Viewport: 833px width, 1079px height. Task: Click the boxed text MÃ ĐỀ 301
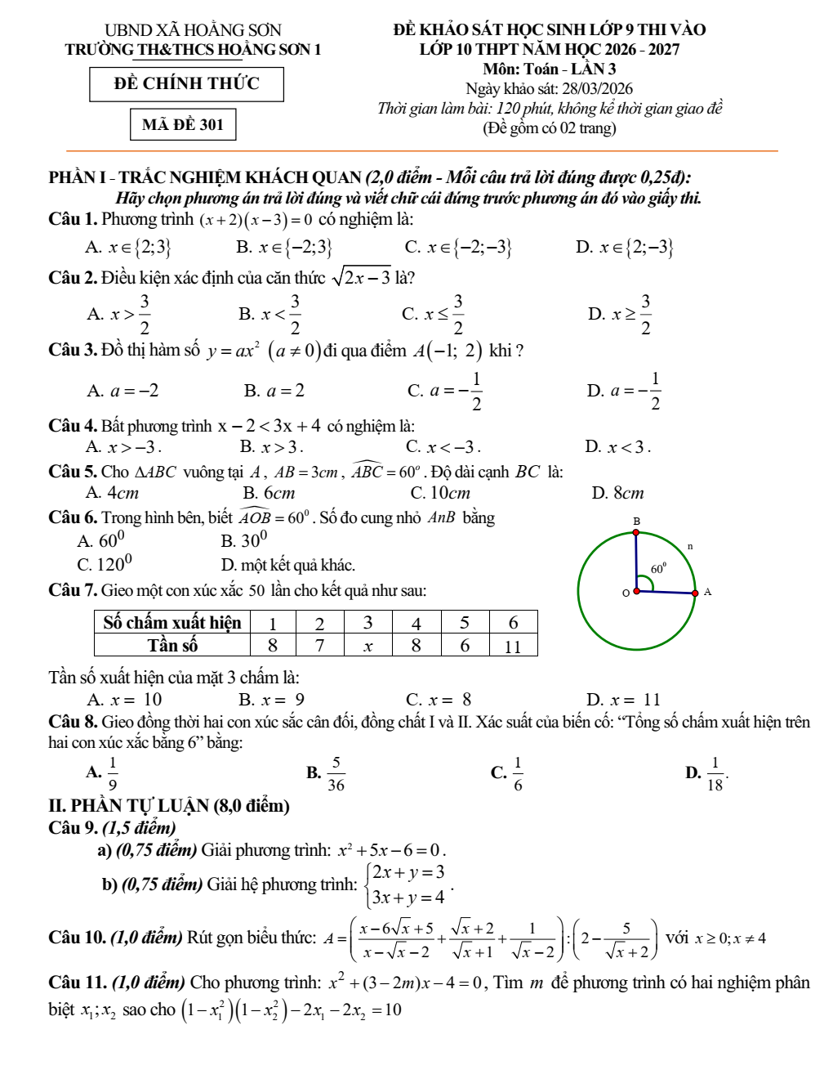click(183, 124)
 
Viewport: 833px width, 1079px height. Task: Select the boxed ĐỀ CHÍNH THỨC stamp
click(186, 84)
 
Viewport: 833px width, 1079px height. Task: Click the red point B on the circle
click(636, 532)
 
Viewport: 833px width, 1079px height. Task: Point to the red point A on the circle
click(695, 593)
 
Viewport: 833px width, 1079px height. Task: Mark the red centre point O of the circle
click(636, 590)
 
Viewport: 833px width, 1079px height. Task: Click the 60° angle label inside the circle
click(658, 568)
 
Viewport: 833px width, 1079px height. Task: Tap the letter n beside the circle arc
click(690, 545)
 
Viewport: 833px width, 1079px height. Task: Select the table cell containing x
click(367, 646)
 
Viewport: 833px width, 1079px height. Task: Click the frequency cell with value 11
click(513, 646)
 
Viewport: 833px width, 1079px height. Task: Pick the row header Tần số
click(172, 646)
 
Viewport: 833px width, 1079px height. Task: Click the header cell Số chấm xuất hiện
click(172, 623)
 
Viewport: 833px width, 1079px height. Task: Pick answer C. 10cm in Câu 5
click(441, 493)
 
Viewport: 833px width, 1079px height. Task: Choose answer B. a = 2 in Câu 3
click(274, 391)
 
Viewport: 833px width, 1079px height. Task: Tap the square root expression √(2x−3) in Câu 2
click(361, 278)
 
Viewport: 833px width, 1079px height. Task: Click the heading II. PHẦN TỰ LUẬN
click(169, 806)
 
